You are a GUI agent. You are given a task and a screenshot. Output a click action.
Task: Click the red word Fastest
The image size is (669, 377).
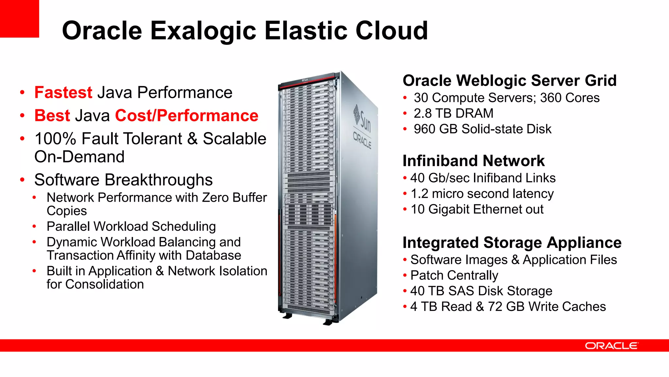(x=63, y=93)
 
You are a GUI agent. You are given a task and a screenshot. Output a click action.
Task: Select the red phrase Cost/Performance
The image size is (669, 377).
(x=187, y=116)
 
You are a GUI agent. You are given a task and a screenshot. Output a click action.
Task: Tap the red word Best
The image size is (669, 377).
(x=52, y=116)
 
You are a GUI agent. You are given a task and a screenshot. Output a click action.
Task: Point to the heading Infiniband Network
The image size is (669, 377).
(x=473, y=161)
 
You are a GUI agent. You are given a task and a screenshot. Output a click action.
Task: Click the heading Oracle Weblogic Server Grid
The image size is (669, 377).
(x=509, y=80)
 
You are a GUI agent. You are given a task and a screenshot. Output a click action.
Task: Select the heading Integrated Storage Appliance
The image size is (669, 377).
(x=512, y=243)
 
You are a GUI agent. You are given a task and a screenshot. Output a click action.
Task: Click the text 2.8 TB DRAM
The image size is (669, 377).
(x=453, y=113)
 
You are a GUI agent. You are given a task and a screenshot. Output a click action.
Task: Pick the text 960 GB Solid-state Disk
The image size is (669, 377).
(x=482, y=129)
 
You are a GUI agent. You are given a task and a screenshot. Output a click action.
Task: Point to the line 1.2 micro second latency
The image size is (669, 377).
(x=482, y=194)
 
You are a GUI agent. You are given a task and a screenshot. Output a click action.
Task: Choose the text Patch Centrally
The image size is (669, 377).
(x=454, y=275)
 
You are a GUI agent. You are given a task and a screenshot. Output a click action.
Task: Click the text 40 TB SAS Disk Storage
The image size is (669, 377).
(x=481, y=291)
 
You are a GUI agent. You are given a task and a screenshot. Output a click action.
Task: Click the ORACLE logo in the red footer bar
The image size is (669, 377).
(x=611, y=346)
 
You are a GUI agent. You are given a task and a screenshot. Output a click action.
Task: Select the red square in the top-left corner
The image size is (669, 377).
(x=19, y=19)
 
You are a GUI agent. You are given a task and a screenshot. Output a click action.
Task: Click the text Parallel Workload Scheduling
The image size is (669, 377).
(x=131, y=226)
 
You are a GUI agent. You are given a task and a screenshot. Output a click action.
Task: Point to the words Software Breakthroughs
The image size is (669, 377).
(x=123, y=180)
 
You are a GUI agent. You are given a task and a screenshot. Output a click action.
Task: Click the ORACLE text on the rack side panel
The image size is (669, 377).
(x=362, y=140)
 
